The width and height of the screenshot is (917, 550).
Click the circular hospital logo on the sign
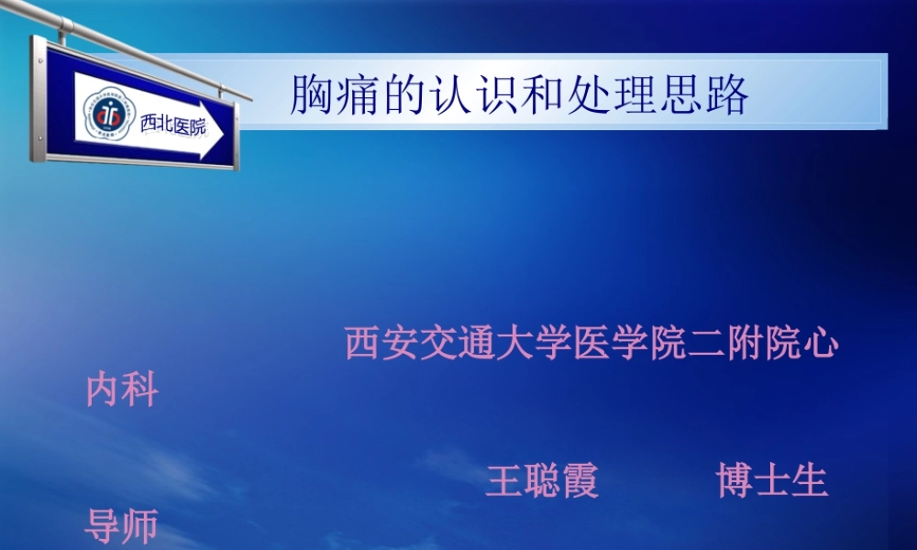(x=108, y=114)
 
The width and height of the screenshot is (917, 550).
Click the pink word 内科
(x=121, y=390)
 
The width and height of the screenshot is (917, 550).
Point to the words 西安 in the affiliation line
(x=382, y=344)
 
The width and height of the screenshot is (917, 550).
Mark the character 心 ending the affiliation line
(x=820, y=344)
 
